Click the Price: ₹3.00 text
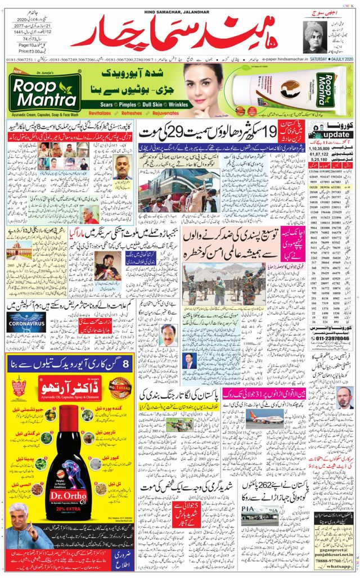pyautogui.click(x=22, y=51)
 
